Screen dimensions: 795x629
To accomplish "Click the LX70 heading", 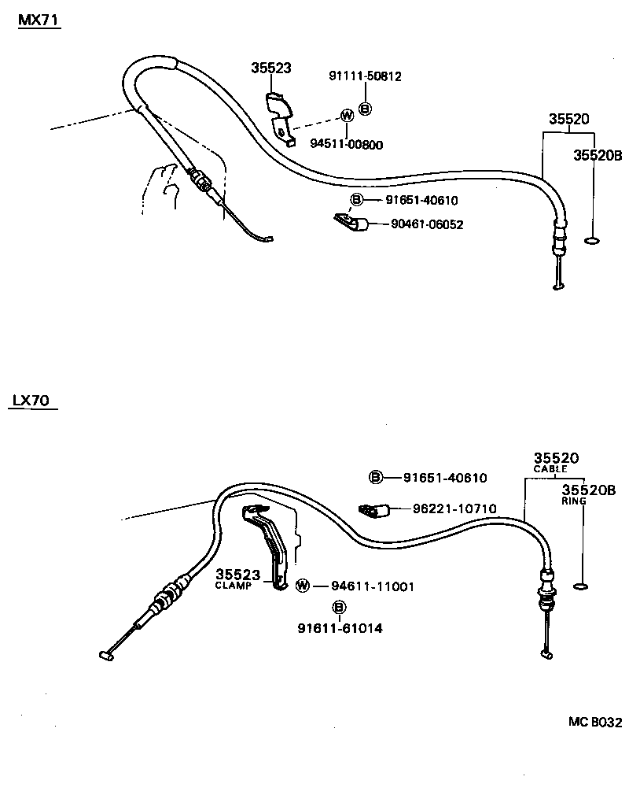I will pos(31,401).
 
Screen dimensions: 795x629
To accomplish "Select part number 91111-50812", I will pos(365,76).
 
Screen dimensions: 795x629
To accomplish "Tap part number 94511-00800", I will pos(347,144).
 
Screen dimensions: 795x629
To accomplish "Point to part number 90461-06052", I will pos(427,224).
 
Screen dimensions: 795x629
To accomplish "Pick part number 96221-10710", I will pos(454,508).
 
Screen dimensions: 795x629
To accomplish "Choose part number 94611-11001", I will pos(372,586).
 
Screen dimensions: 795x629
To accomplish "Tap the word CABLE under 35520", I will pos(550,469).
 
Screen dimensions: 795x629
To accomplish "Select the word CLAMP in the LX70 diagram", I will pos(233,586).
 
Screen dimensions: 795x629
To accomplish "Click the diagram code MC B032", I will pos(595,722).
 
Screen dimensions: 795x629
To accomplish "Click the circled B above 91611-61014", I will pos(339,607).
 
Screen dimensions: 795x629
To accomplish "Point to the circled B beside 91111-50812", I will pos(365,109).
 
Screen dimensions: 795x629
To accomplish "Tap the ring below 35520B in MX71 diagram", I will pos(594,240).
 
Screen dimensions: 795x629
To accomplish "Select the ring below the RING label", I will pos(581,586).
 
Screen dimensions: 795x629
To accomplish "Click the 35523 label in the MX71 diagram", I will pos(271,68).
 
